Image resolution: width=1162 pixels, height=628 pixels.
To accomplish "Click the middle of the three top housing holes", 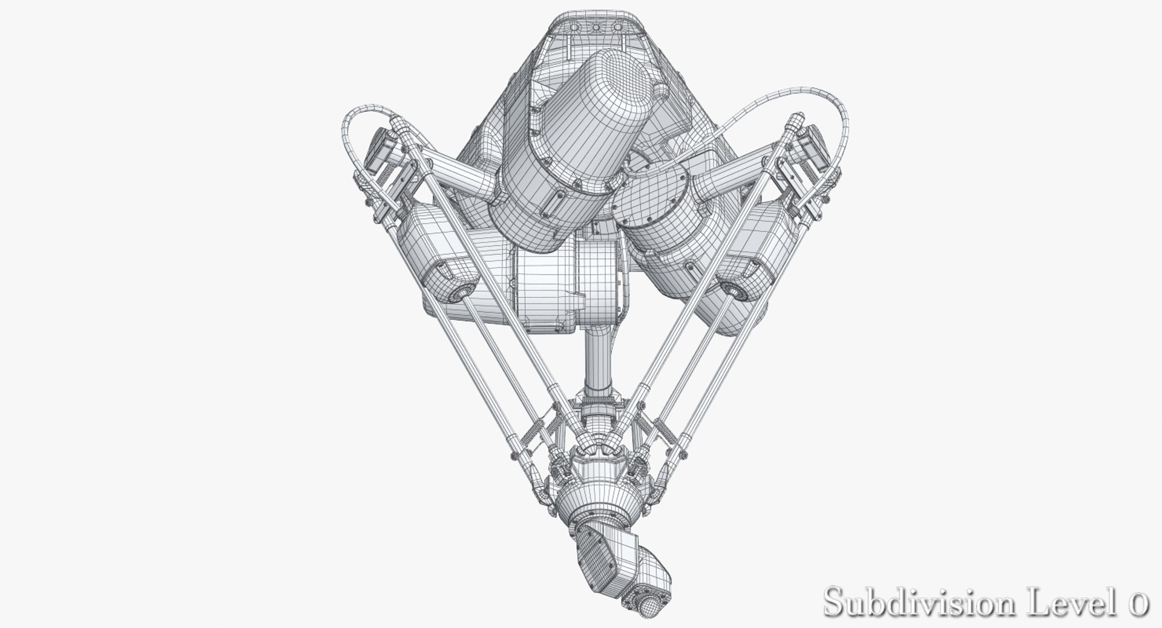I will point(596,28).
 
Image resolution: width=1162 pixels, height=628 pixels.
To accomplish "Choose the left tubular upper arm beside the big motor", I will point(460,172).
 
